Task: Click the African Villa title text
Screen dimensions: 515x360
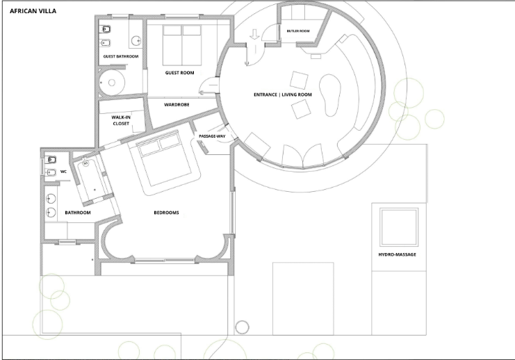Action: click(x=33, y=11)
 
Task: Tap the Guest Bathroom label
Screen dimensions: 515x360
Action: click(x=121, y=56)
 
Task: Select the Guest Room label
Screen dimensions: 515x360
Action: click(x=179, y=72)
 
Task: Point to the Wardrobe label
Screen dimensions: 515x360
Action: click(x=177, y=105)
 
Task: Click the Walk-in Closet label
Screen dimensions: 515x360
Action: click(x=121, y=120)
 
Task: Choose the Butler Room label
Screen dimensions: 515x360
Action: click(x=298, y=31)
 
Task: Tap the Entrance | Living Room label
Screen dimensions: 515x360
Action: click(x=283, y=95)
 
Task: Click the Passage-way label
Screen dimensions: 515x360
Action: click(x=212, y=136)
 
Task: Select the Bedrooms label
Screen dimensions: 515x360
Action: click(x=167, y=213)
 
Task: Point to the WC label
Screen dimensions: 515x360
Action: click(x=63, y=172)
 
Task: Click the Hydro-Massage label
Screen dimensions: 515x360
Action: click(x=397, y=254)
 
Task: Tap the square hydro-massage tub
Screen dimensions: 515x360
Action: click(x=399, y=227)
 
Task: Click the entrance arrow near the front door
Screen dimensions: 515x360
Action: click(x=254, y=35)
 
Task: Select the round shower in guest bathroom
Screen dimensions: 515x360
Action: click(x=112, y=83)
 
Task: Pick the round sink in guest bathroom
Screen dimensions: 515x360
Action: click(x=136, y=41)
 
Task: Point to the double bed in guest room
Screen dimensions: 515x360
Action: click(x=182, y=46)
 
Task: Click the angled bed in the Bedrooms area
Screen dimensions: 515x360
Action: click(x=164, y=162)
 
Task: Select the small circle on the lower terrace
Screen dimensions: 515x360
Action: click(x=242, y=327)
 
